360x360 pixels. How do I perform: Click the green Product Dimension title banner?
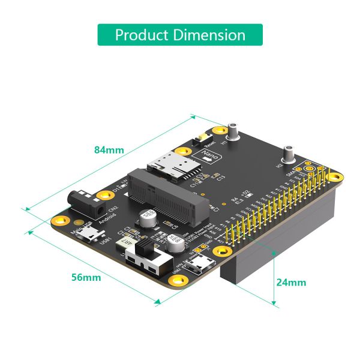tap(180, 35)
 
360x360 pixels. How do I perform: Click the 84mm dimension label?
tap(109, 149)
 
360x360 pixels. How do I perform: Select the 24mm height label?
tap(291, 282)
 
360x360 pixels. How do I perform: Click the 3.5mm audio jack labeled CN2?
tap(83, 203)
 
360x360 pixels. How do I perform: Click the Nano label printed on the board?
tap(211, 157)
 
